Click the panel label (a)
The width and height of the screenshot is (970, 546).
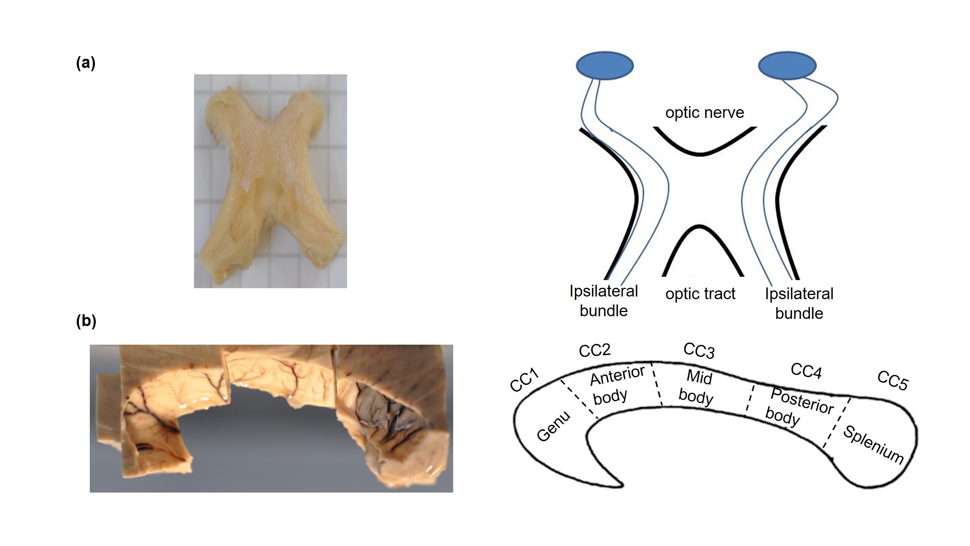point(86,63)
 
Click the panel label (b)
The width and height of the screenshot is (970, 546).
point(86,321)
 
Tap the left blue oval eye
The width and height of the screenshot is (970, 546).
point(604,66)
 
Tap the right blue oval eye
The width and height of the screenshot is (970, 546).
point(787,66)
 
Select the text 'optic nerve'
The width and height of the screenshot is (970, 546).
point(705,113)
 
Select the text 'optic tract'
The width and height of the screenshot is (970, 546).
point(700,294)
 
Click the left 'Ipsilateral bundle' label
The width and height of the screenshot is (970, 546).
point(604,301)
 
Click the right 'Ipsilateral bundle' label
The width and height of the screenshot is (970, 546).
point(799,303)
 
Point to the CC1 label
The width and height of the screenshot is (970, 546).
point(524,380)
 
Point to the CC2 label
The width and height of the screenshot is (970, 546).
point(595,350)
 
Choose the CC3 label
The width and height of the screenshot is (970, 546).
point(699,351)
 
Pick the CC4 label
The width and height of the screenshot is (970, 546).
point(806,371)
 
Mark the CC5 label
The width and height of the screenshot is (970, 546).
point(893,380)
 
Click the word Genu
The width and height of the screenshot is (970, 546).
point(554,426)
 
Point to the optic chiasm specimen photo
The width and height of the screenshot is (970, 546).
point(270,181)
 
